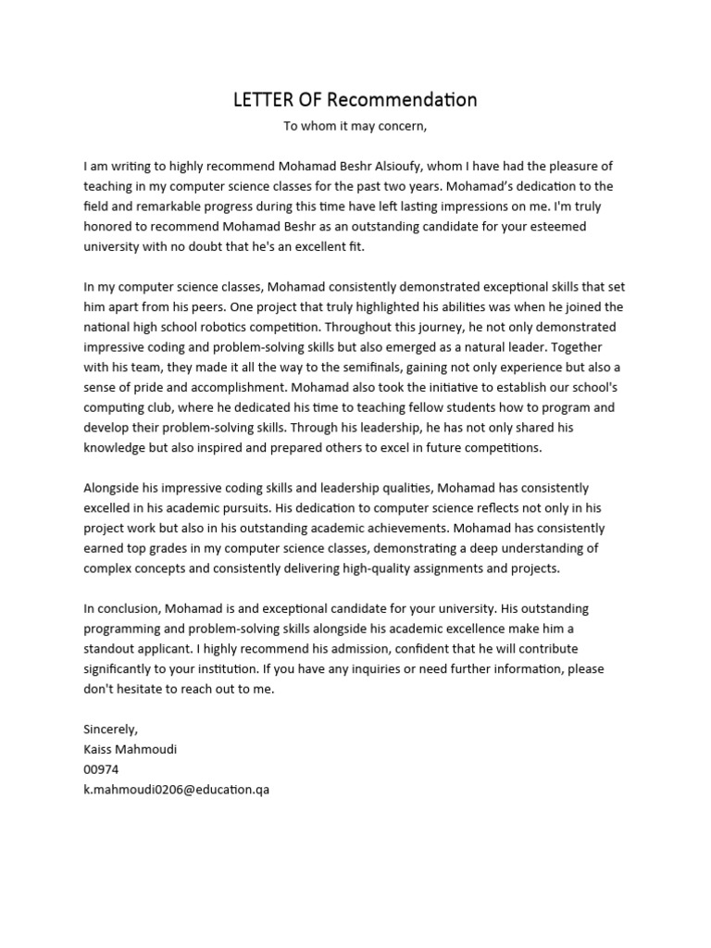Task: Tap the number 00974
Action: click(101, 770)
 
